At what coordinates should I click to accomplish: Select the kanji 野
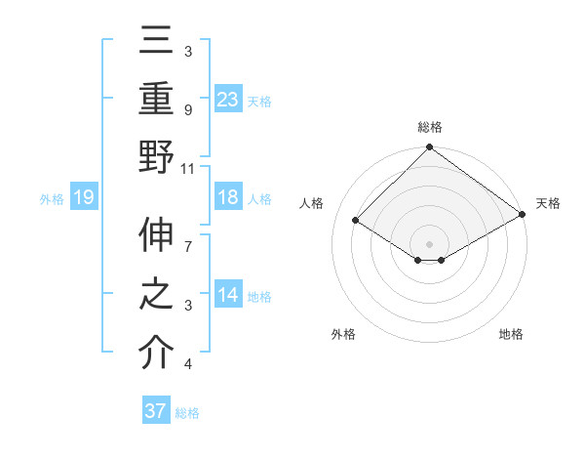(x=156, y=155)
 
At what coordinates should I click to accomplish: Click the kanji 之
(x=156, y=295)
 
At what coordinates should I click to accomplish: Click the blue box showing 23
(x=228, y=99)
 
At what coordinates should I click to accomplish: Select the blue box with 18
(x=228, y=198)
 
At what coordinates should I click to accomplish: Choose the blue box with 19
(x=84, y=198)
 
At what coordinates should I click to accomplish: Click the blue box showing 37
(x=156, y=411)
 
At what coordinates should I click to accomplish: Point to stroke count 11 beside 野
(x=188, y=167)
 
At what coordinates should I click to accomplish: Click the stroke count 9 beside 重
(x=188, y=111)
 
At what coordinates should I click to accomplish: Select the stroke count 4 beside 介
(x=188, y=363)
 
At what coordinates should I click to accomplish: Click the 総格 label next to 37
(x=187, y=413)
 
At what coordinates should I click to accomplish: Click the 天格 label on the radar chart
(x=548, y=203)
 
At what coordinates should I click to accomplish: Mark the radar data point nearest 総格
(x=429, y=148)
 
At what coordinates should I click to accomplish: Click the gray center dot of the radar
(x=429, y=243)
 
